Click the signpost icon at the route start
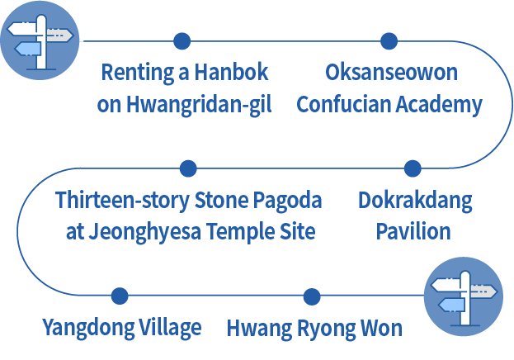40,40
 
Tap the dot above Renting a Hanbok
182,40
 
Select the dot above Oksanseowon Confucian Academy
389,40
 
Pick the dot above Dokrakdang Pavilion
413,168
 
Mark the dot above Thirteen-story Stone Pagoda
189,168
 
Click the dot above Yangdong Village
120,296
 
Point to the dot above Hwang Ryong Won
311,296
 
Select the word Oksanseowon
391,73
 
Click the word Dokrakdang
414,201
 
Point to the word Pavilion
413,232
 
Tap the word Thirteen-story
122,201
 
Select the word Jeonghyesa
136,232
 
